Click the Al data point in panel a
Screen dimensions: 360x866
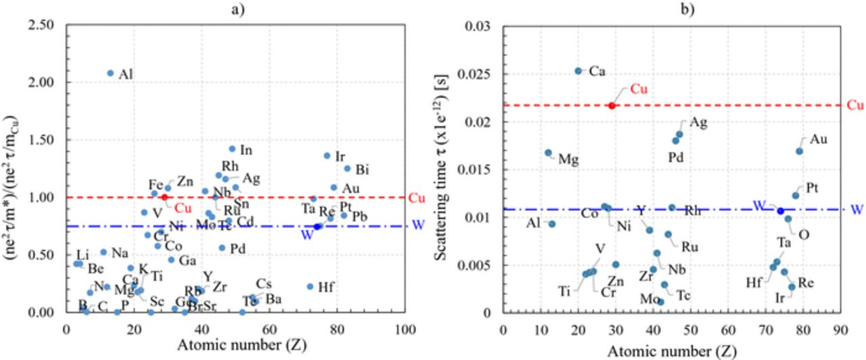(x=110, y=73)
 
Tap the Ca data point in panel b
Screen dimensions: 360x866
(x=578, y=70)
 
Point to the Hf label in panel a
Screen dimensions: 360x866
(x=325, y=287)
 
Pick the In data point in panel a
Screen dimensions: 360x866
(x=232, y=149)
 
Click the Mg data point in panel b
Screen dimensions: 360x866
(x=548, y=153)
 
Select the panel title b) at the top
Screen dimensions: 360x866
(x=670, y=8)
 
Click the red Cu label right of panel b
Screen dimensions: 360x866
(x=856, y=106)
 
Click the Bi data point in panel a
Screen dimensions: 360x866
(x=347, y=168)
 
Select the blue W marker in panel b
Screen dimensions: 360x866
(x=780, y=211)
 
